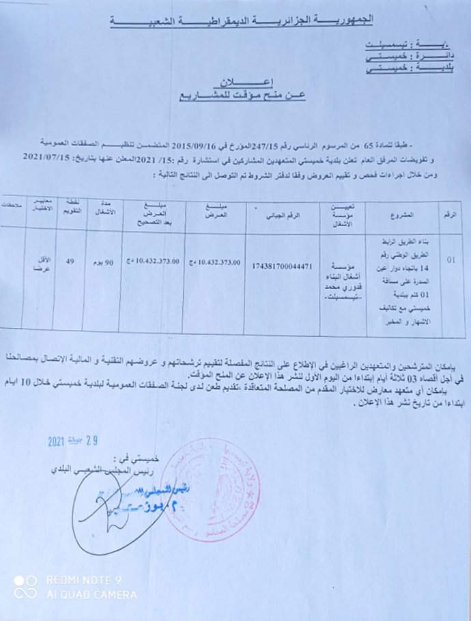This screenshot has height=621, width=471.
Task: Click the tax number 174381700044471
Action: coord(282,265)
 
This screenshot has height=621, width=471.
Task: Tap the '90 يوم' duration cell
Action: coord(102,262)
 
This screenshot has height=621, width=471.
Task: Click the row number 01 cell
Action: coord(451,260)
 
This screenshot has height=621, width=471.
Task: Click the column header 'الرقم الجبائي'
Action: coord(283,215)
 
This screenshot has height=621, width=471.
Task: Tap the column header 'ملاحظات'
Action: coord(12,206)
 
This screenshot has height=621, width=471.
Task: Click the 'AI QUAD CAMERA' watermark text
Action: coord(91,595)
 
